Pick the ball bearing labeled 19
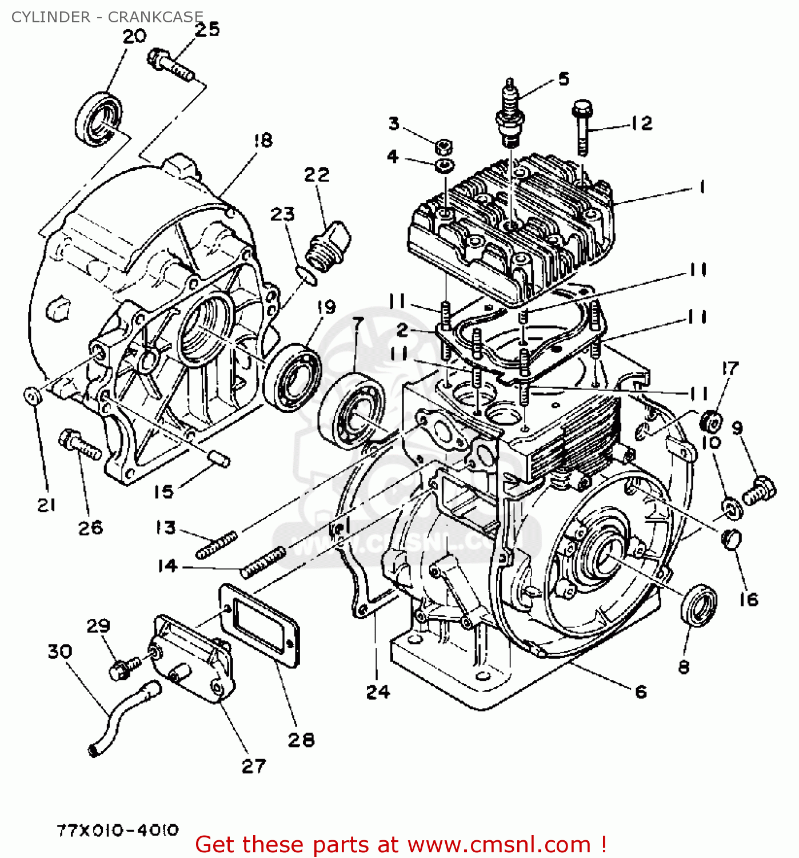[293, 377]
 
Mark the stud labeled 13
[217, 545]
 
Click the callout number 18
[263, 140]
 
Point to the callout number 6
[641, 692]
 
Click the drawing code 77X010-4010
[118, 830]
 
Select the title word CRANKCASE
[155, 17]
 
